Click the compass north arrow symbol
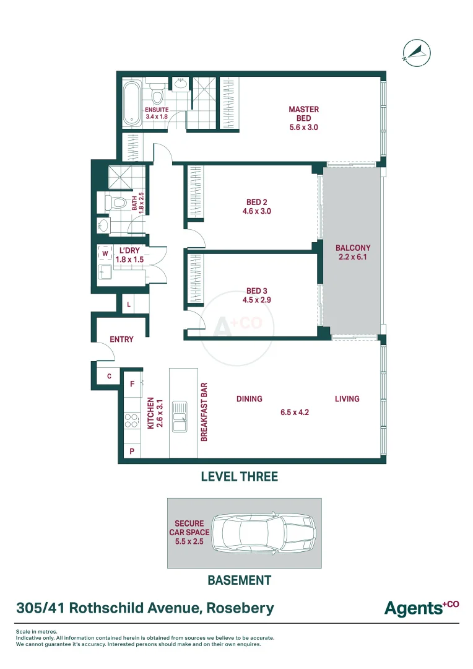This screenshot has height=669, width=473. pyautogui.click(x=417, y=53)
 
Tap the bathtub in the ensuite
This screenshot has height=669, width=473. pyautogui.click(x=132, y=103)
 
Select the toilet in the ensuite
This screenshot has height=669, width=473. pyautogui.click(x=157, y=94)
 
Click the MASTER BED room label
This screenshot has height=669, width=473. pyautogui.click(x=304, y=113)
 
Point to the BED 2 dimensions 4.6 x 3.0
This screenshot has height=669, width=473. pyautogui.click(x=257, y=211)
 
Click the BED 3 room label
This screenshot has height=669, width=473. pyautogui.click(x=257, y=291)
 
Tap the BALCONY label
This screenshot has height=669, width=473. pyautogui.click(x=353, y=248)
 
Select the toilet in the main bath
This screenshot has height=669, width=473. pyautogui.click(x=115, y=202)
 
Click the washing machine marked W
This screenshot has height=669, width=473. pyautogui.click(x=105, y=253)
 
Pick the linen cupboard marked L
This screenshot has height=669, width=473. pyautogui.click(x=129, y=305)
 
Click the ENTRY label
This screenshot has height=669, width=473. pyautogui.click(x=121, y=339)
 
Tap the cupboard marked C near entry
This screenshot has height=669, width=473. pyautogui.click(x=109, y=377)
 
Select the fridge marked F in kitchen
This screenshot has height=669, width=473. pyautogui.click(x=132, y=384)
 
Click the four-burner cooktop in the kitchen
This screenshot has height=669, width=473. pyautogui.click(x=131, y=420)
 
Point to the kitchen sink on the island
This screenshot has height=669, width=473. pyautogui.click(x=180, y=416)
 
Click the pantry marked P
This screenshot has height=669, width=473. pyautogui.click(x=132, y=451)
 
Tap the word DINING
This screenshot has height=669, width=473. pyautogui.click(x=250, y=399)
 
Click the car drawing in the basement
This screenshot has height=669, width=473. pyautogui.click(x=264, y=533)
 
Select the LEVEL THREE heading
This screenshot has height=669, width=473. pyautogui.click(x=240, y=476)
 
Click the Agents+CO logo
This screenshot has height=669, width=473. pyautogui.click(x=422, y=608)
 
